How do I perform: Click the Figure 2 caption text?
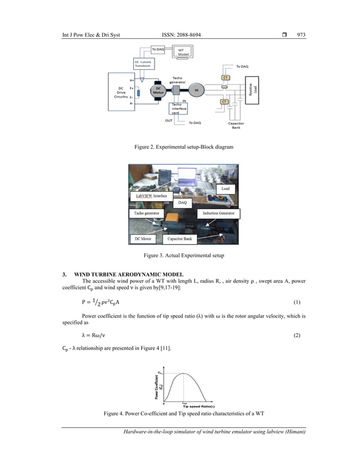pyautogui.click(x=179, y=147)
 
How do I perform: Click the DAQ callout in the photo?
pyautogui.click(x=182, y=201)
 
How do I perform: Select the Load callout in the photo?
pyautogui.click(x=225, y=188)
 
